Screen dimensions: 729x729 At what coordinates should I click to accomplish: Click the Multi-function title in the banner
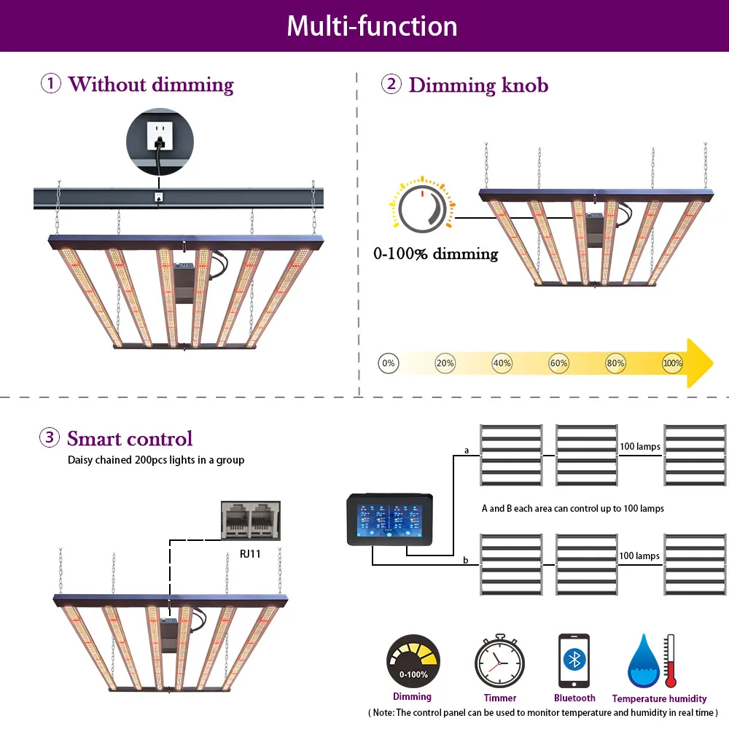click(x=372, y=26)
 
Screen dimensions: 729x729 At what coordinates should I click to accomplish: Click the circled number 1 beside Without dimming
click(x=50, y=84)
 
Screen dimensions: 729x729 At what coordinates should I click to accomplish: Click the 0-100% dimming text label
click(x=435, y=254)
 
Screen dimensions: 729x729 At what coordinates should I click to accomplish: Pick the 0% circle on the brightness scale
click(x=389, y=363)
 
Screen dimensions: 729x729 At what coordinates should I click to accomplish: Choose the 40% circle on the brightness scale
click(x=502, y=363)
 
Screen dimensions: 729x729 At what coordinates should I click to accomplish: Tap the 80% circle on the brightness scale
click(x=616, y=363)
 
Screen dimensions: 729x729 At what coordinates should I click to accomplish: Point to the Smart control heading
click(x=130, y=438)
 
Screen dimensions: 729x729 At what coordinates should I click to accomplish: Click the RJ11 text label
click(x=251, y=554)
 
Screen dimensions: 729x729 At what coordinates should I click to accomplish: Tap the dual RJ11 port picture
click(x=250, y=521)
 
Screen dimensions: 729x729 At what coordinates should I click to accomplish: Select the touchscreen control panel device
click(x=392, y=518)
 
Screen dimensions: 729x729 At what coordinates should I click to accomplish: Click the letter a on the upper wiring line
click(x=467, y=451)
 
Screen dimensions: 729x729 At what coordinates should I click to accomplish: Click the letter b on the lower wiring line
click(x=466, y=560)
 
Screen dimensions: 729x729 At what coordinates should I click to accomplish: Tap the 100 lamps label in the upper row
click(x=639, y=447)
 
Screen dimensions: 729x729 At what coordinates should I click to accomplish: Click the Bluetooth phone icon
click(x=574, y=660)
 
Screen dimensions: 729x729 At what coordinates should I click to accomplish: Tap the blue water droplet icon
click(x=643, y=663)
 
